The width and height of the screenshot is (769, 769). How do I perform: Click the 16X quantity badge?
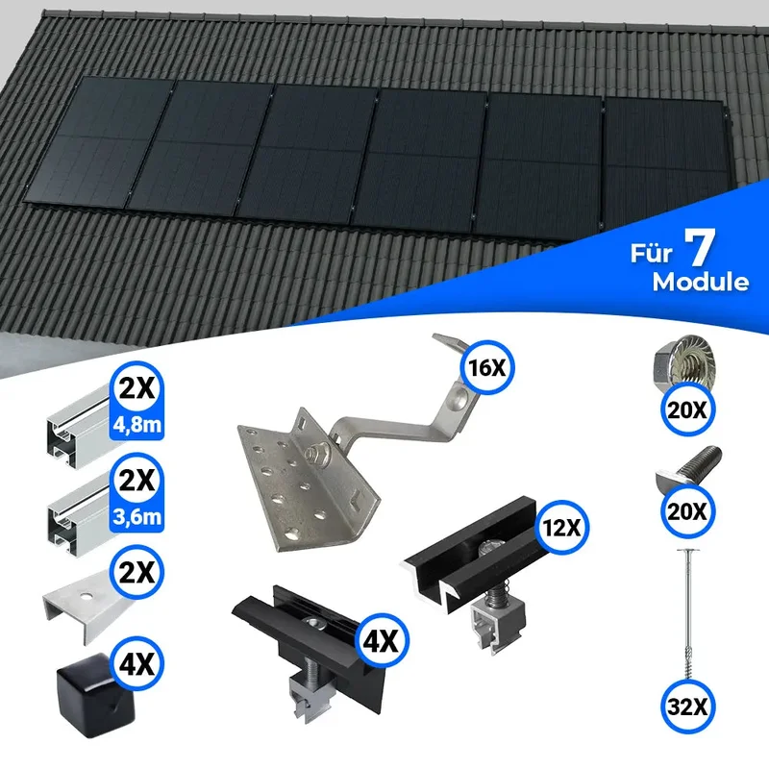(x=487, y=367)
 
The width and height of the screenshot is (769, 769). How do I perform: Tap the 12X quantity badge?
(x=562, y=528)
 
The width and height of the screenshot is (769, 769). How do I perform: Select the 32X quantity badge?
(x=687, y=707)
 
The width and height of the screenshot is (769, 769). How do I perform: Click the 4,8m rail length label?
(x=137, y=424)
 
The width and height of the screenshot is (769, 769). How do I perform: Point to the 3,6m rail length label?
(x=137, y=516)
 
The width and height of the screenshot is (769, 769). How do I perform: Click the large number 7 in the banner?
(x=700, y=248)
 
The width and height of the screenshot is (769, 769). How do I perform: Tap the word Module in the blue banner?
(x=701, y=283)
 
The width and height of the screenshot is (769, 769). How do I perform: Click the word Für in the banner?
(x=651, y=253)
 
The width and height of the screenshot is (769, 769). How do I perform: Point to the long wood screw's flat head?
(x=687, y=551)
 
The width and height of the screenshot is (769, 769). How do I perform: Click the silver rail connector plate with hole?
(x=84, y=608)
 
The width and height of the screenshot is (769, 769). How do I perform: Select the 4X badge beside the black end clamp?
(x=381, y=640)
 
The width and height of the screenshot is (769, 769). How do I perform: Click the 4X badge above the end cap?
(x=137, y=664)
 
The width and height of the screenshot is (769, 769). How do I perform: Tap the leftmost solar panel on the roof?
(x=99, y=141)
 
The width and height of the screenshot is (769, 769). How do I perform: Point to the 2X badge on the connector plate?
(x=137, y=572)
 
